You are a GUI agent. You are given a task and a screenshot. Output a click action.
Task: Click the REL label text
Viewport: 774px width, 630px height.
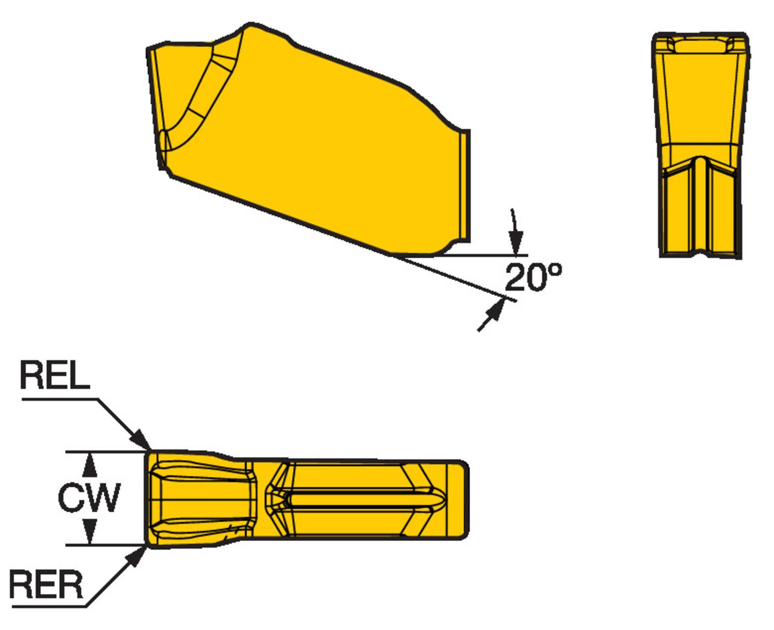[x=55, y=375]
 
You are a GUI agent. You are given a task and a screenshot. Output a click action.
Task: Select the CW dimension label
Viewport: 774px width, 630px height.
[x=89, y=497]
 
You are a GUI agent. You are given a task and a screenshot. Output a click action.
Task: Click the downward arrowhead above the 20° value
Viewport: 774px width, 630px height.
[x=515, y=242]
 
